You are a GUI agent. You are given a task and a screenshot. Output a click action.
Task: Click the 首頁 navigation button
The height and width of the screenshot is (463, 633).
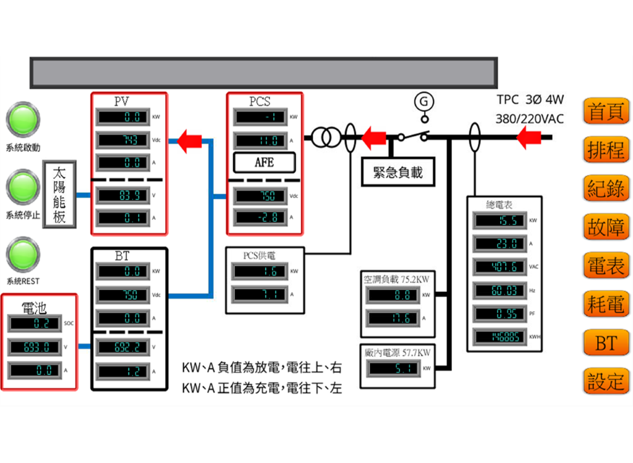click(606, 112)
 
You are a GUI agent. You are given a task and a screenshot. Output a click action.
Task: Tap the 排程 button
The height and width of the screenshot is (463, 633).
click(606, 150)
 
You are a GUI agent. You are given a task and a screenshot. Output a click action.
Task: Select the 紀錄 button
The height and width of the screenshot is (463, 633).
click(606, 189)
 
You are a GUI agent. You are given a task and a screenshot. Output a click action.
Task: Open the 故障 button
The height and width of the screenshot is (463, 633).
click(606, 227)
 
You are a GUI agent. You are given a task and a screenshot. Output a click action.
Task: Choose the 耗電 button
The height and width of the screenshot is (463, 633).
click(606, 304)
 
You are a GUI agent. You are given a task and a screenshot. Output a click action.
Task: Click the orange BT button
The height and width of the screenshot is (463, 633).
click(606, 343)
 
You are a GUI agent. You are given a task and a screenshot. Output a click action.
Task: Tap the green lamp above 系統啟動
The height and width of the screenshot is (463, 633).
click(23, 119)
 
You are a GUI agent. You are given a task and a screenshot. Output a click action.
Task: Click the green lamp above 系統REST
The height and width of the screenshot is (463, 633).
click(23, 254)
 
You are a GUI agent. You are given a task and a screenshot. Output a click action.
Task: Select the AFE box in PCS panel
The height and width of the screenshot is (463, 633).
click(264, 163)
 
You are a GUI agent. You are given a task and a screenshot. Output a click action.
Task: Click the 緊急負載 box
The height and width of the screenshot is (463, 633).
click(397, 172)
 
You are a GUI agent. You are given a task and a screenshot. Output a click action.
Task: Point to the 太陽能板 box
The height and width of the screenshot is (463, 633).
click(59, 194)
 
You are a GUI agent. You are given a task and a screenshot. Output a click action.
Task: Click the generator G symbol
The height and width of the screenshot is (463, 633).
click(424, 101)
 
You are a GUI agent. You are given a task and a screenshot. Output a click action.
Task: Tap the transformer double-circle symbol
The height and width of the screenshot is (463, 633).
click(325, 138)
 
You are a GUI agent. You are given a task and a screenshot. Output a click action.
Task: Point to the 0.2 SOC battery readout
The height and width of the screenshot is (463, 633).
click(35, 323)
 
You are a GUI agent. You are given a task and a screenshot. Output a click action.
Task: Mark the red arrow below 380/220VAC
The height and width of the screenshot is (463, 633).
click(529, 138)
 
